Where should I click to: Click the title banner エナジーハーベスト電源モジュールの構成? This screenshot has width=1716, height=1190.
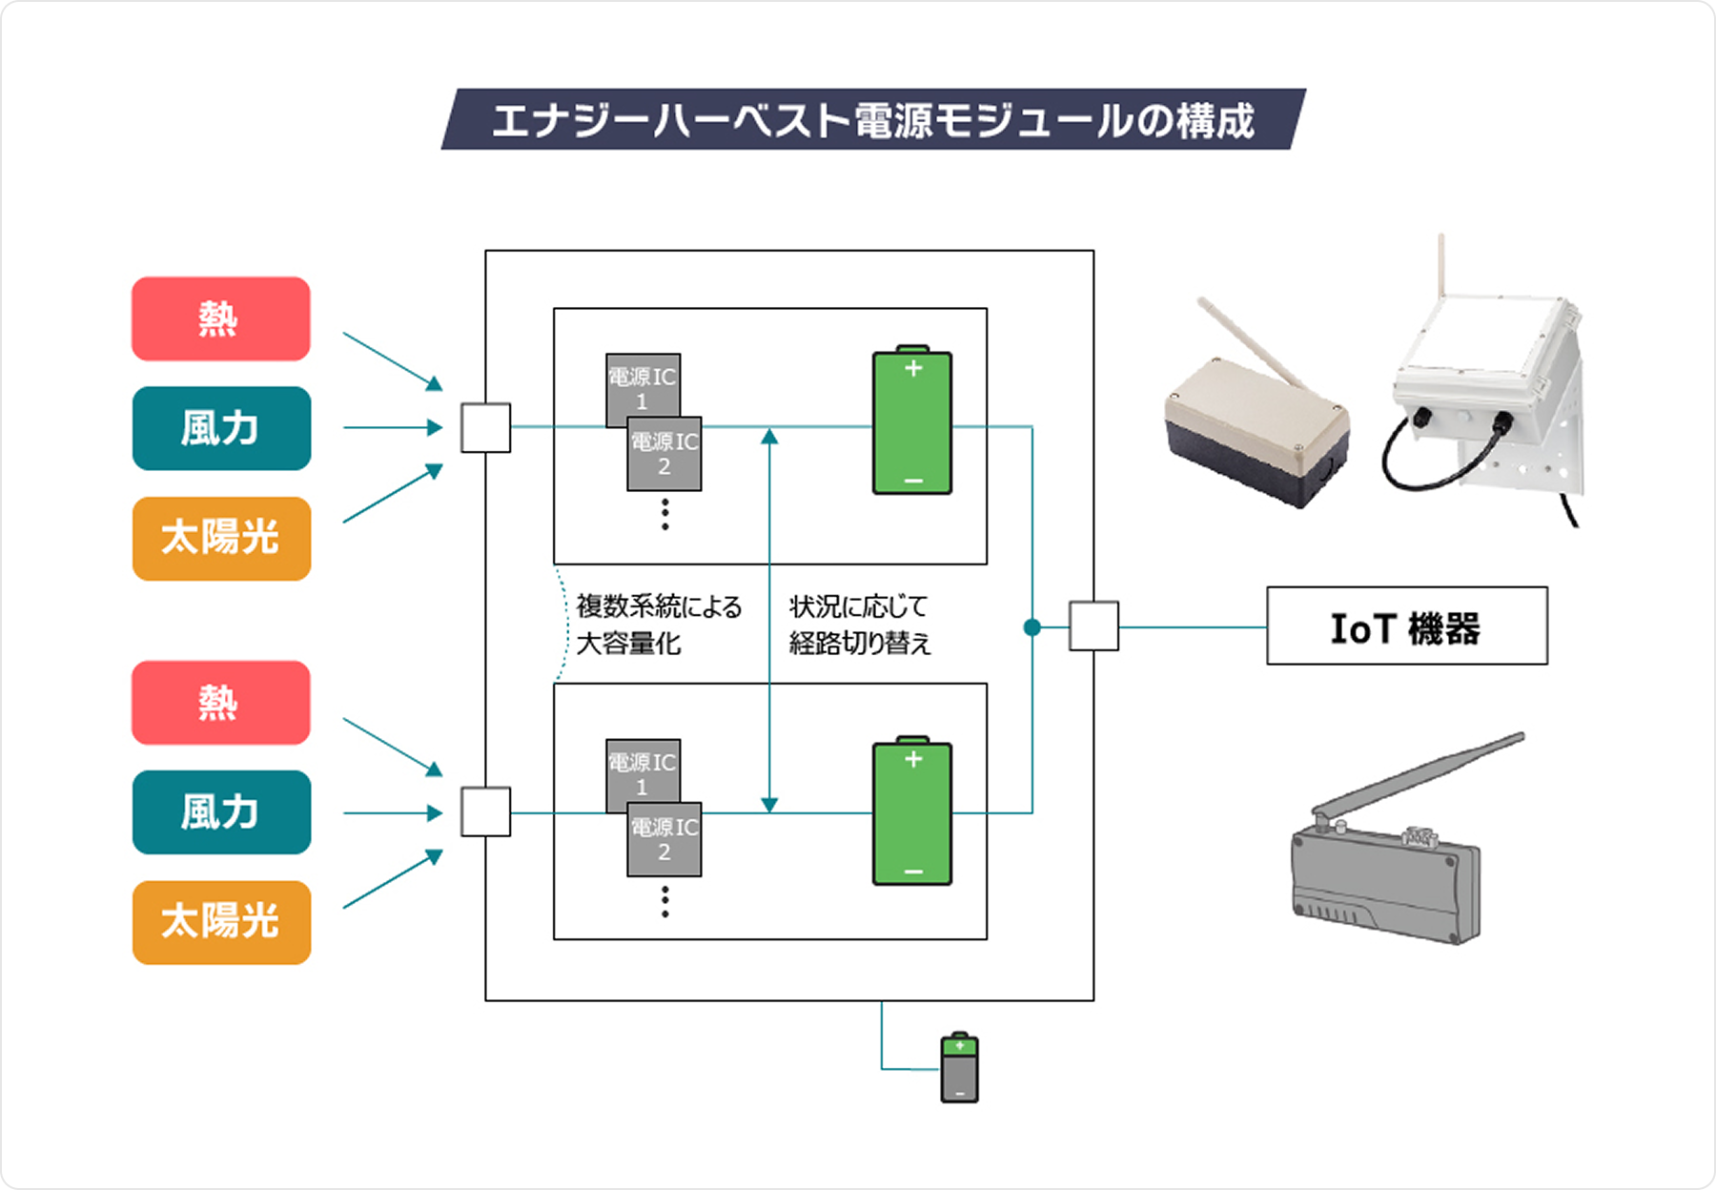872,120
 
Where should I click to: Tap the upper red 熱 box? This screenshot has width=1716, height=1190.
221,318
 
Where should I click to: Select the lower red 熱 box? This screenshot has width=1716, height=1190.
221,703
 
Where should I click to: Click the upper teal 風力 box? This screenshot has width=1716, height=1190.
221,428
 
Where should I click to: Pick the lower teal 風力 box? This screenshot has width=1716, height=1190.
221,812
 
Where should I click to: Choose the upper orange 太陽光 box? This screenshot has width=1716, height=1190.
221,538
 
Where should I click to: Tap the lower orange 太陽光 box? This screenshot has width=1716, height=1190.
221,922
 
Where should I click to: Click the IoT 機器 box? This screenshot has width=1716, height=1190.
1406,626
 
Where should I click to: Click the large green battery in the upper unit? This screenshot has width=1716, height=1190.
912,421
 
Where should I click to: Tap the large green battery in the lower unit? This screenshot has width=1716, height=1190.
912,812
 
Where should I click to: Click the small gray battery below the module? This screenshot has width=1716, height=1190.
959,1068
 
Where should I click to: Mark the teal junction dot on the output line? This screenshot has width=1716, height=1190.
1032,626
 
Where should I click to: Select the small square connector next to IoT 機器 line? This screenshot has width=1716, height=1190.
1093,626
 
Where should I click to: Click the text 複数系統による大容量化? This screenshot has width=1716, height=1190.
658,625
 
